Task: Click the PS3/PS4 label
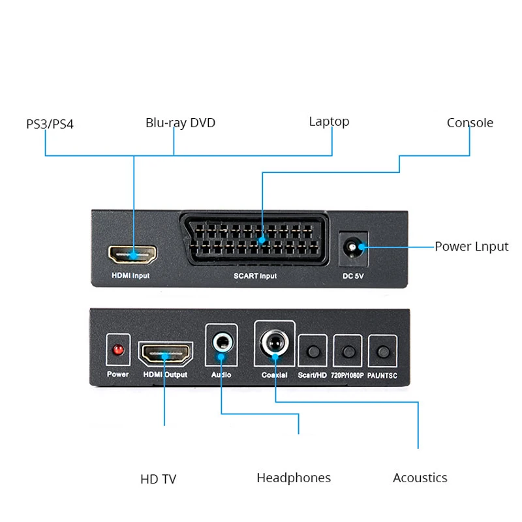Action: [50, 123]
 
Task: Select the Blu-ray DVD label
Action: [180, 123]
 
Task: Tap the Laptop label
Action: [329, 121]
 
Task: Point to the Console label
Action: [470, 123]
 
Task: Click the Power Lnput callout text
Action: [471, 247]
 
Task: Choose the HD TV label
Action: [159, 480]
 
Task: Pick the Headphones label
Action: [294, 478]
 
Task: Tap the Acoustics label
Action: [420, 478]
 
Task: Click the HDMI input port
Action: [132, 253]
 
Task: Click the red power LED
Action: [118, 350]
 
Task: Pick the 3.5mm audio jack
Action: [221, 341]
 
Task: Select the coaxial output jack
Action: [273, 342]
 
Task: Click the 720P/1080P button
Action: [348, 351]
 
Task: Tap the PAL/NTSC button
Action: [382, 351]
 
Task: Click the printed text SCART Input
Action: [255, 276]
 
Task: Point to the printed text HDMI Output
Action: [165, 375]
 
